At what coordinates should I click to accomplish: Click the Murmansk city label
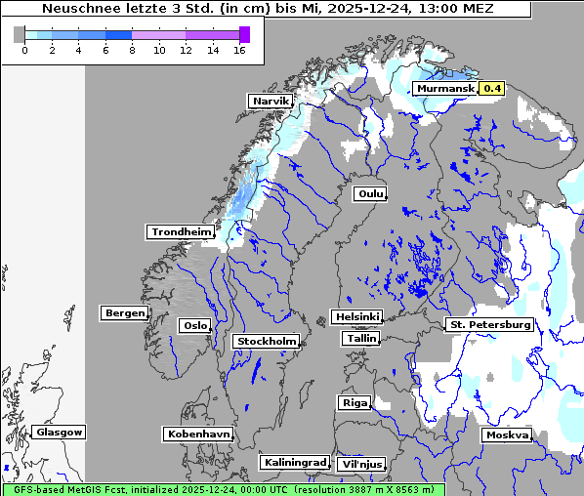click(445, 89)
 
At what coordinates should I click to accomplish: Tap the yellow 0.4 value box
click(492, 89)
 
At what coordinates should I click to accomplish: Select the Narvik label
click(271, 102)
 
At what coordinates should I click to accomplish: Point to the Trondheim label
click(181, 232)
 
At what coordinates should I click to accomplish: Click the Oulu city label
click(370, 193)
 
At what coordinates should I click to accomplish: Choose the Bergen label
click(123, 313)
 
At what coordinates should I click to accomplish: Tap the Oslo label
click(194, 326)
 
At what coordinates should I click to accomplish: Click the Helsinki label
click(356, 317)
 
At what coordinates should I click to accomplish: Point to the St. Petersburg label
click(489, 324)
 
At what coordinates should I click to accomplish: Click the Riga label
click(354, 403)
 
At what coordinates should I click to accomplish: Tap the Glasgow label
click(60, 433)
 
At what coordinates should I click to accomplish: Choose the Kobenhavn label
click(198, 434)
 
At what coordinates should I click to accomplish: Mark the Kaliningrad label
click(294, 463)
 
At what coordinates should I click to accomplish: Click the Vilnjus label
click(360, 465)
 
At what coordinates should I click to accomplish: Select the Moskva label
click(507, 435)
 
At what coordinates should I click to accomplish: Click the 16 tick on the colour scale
click(238, 50)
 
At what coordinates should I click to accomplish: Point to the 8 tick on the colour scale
click(132, 50)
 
